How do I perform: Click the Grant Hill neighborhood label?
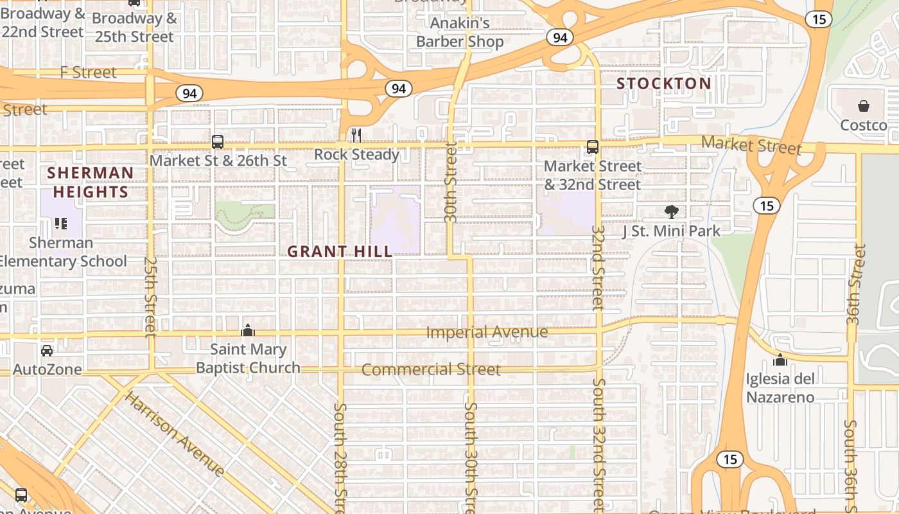pyautogui.click(x=339, y=251)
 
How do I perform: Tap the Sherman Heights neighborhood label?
pyautogui.click(x=90, y=182)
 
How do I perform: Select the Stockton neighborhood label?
pyautogui.click(x=664, y=84)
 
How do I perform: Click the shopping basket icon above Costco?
pyautogui.click(x=864, y=106)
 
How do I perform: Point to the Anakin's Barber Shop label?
pyautogui.click(x=460, y=33)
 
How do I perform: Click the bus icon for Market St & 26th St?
pyautogui.click(x=218, y=142)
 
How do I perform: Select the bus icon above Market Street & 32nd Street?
pyautogui.click(x=592, y=147)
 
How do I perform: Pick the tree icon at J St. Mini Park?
pyautogui.click(x=671, y=212)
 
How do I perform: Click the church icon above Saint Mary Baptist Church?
pyautogui.click(x=248, y=331)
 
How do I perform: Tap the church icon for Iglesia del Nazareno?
pyautogui.click(x=780, y=360)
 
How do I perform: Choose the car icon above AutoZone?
pyautogui.click(x=47, y=351)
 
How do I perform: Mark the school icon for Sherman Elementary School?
pyautogui.click(x=61, y=224)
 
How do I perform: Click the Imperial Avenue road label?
pyautogui.click(x=487, y=332)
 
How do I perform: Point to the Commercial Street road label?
pyautogui.click(x=431, y=369)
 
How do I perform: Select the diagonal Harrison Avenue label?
pyautogui.click(x=174, y=434)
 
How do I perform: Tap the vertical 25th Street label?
pyautogui.click(x=150, y=297)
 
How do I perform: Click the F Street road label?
pyautogui.click(x=89, y=73)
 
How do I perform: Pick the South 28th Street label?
pyautogui.click(x=340, y=457)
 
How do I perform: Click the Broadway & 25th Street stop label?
pyautogui.click(x=134, y=27)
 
